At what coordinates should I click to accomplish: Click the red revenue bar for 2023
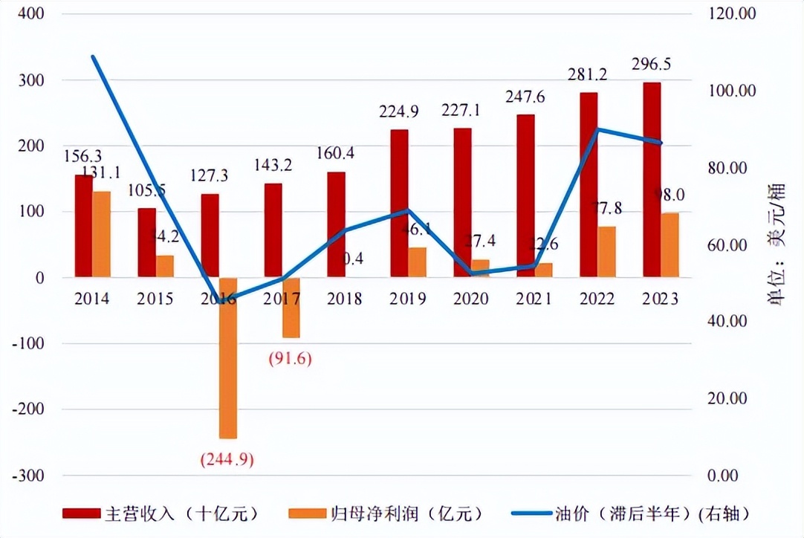click(652, 180)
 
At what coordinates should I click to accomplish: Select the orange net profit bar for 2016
click(227, 358)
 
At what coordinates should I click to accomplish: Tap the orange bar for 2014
click(102, 235)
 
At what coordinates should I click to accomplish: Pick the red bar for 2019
click(400, 204)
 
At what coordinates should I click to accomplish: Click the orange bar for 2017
click(291, 308)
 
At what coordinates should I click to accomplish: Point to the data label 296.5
click(651, 65)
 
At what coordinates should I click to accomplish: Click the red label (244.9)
click(227, 459)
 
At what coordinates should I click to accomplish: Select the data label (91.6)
click(290, 359)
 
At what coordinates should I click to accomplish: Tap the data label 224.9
click(400, 113)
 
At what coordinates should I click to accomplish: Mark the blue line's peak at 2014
click(93, 56)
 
